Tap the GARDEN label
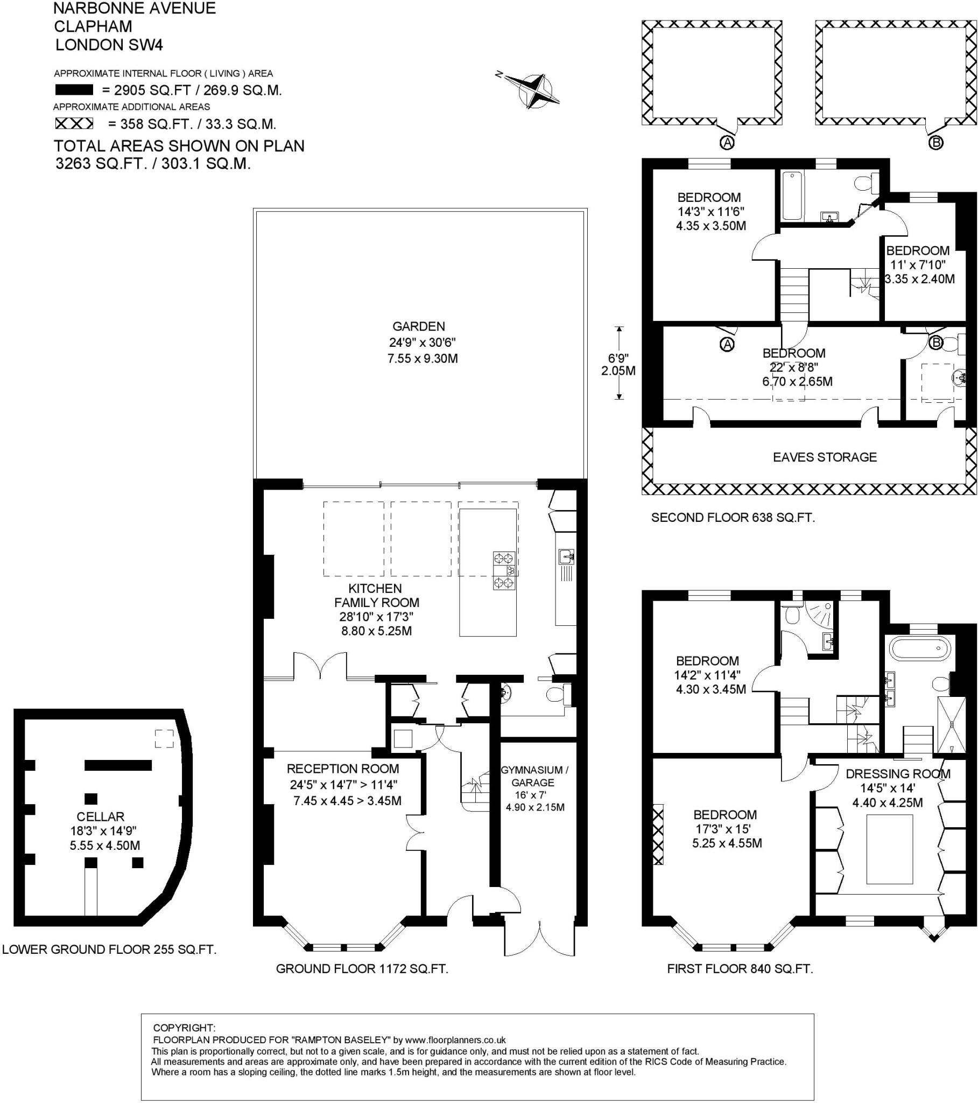click(x=419, y=326)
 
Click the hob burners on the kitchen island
click(x=504, y=570)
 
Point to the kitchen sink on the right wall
click(x=566, y=556)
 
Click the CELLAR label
click(x=100, y=816)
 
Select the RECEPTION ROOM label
click(x=343, y=769)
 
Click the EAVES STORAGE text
click(x=825, y=457)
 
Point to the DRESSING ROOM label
click(x=898, y=773)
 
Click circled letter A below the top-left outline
click(x=727, y=143)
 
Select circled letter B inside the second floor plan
click(x=936, y=342)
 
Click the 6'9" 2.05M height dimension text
click(x=618, y=364)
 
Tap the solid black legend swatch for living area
click(x=73, y=90)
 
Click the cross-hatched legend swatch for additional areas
click(x=74, y=124)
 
